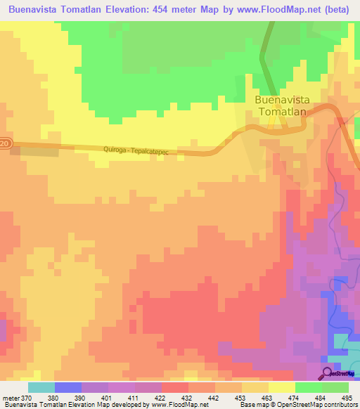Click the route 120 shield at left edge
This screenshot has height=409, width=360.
(5, 144)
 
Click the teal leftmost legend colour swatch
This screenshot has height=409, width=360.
(41, 387)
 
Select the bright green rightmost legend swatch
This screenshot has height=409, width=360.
(335, 387)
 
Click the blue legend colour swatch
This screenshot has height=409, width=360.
(67, 387)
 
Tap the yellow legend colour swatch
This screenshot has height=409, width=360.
(282, 387)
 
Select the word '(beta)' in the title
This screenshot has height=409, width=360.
(337, 10)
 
